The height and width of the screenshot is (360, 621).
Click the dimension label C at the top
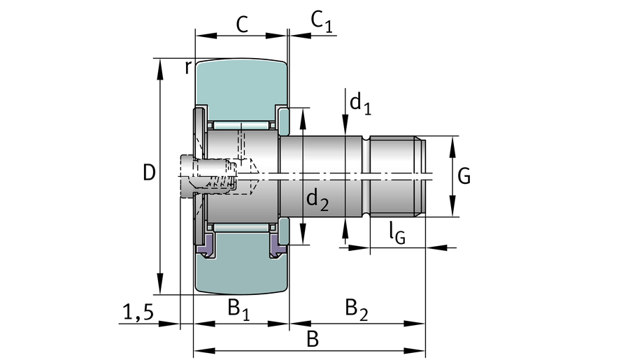click(x=241, y=24)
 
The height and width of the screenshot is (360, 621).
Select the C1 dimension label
click(x=321, y=22)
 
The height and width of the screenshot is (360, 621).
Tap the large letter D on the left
click(x=148, y=173)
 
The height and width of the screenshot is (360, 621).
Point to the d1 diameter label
click(x=359, y=104)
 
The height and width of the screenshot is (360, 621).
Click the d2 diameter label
click(x=317, y=201)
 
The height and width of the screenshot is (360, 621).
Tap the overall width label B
click(x=313, y=339)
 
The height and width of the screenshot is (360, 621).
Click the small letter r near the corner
click(x=187, y=67)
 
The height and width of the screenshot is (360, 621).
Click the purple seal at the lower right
click(x=278, y=244)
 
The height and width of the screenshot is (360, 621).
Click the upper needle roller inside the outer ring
click(x=241, y=124)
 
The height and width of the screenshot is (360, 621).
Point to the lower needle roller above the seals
click(x=241, y=228)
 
